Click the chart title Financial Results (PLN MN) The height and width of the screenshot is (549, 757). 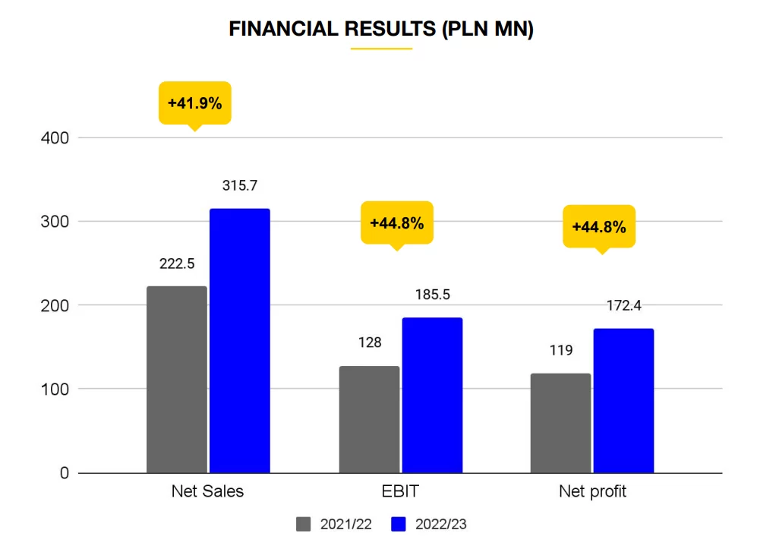(x=380, y=30)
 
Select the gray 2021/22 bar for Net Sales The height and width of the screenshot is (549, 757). (x=177, y=380)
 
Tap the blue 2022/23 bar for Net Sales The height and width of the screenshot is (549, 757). (x=240, y=341)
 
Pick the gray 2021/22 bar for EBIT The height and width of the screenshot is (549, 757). (x=369, y=420)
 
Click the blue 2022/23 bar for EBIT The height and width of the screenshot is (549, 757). (x=432, y=396)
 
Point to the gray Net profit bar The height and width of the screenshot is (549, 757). (x=560, y=424)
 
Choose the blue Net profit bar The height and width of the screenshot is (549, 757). (x=623, y=401)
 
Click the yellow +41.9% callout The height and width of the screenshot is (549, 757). (x=194, y=103)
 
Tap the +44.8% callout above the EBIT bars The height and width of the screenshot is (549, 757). (x=396, y=223)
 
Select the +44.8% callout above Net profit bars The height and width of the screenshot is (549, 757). (x=598, y=226)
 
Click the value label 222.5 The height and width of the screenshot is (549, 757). (x=177, y=264)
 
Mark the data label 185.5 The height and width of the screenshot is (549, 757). (x=432, y=295)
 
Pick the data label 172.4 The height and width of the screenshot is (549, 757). (x=623, y=305)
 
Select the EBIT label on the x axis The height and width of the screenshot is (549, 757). (x=400, y=491)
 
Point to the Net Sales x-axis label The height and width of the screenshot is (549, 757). (x=208, y=491)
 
